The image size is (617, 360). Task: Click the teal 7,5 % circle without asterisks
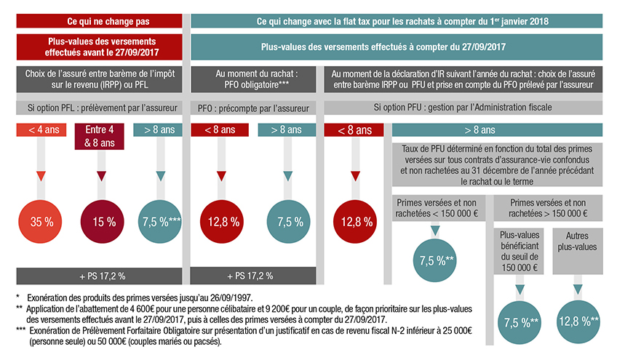289,221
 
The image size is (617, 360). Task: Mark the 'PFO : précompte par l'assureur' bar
254,108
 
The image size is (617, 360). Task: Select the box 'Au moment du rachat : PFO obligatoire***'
254,79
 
